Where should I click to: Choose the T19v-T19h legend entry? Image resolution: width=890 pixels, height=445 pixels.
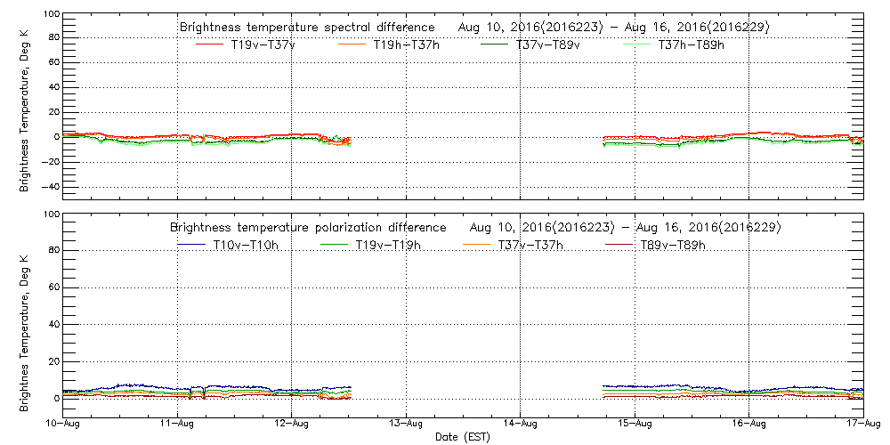[388, 245]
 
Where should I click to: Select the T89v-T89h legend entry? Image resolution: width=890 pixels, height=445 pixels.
[673, 245]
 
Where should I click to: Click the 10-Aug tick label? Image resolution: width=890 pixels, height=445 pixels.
[63, 424]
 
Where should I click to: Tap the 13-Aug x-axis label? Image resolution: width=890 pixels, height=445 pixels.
[407, 424]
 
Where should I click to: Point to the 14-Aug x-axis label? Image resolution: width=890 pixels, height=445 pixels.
[521, 424]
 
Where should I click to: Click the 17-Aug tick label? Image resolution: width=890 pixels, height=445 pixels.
[863, 424]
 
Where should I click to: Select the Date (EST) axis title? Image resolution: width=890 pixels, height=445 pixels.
[464, 437]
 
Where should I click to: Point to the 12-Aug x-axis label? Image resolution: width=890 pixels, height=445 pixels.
[292, 424]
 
